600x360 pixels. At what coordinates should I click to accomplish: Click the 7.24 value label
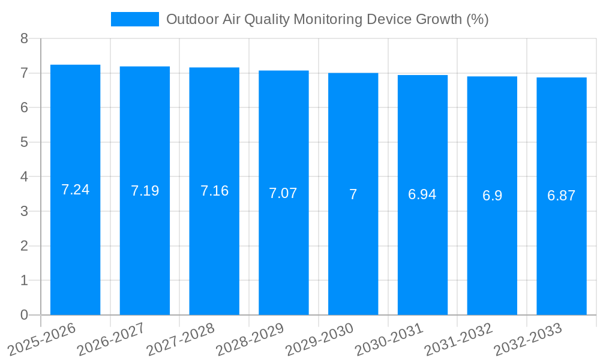[75, 190]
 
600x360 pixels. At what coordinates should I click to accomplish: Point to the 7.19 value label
[145, 191]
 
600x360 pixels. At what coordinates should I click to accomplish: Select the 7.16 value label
[214, 191]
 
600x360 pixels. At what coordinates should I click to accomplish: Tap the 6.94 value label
[422, 194]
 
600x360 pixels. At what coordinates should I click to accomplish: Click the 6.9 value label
[492, 196]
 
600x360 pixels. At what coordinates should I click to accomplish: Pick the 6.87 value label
[561, 196]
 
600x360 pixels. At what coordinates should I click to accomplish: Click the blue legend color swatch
[135, 19]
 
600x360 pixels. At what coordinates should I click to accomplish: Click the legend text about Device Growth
[327, 19]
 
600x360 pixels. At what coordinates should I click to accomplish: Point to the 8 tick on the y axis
[24, 38]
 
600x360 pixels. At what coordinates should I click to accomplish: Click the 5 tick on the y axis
[24, 142]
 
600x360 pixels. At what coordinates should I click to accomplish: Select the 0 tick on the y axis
[24, 315]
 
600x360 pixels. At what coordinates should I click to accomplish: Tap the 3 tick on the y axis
[24, 211]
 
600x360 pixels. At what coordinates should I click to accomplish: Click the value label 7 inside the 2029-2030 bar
[353, 194]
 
